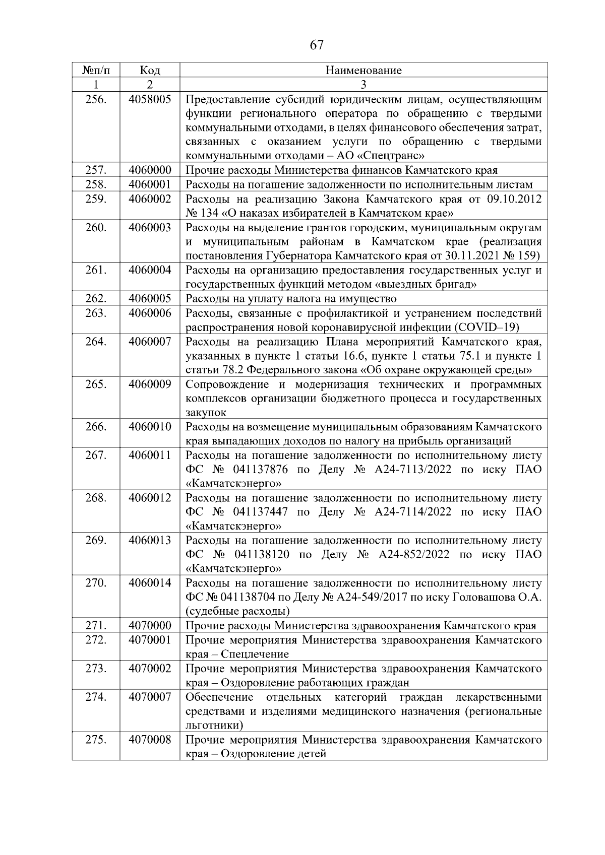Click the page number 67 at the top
[x=316, y=45]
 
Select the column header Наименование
[x=363, y=71]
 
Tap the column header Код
[x=150, y=71]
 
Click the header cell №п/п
[x=96, y=71]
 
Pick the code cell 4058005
[x=150, y=99]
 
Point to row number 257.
[x=96, y=170]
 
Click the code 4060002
[x=150, y=199]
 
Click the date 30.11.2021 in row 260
[x=471, y=256]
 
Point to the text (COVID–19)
[x=487, y=327]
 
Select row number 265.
[x=96, y=384]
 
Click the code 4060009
[x=150, y=384]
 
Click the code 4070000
[x=150, y=626]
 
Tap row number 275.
[x=96, y=740]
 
